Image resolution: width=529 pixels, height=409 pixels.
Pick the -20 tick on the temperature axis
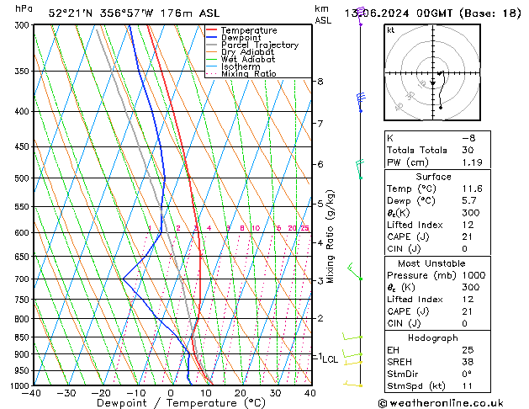tap(101, 393)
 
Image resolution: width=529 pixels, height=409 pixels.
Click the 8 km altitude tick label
tap(320, 82)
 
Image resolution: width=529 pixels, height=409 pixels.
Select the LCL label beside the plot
tap(330, 359)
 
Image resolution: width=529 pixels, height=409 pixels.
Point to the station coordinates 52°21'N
tap(71, 13)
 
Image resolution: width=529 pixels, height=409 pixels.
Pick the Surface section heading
tap(433, 177)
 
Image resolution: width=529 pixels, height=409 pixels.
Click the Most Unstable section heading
tap(433, 263)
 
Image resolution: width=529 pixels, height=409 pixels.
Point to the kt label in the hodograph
tap(390, 30)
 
